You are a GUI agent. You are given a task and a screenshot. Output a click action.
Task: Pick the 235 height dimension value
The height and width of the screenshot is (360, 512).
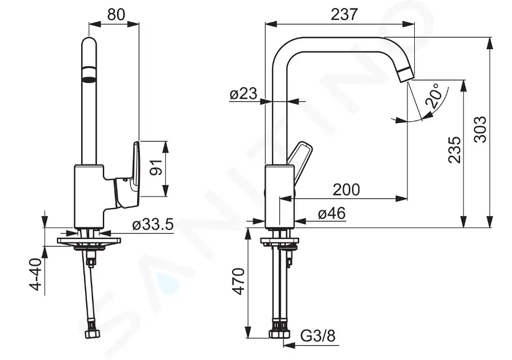coord(454,150)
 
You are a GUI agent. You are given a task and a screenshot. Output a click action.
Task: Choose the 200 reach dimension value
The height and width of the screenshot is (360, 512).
coord(347,189)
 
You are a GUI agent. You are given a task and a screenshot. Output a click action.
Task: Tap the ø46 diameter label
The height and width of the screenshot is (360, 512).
coord(332,213)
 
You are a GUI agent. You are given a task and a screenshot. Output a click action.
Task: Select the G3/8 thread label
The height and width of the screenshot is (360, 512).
coord(318,335)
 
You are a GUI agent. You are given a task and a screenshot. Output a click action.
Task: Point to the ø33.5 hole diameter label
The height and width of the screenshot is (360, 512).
coord(153,225)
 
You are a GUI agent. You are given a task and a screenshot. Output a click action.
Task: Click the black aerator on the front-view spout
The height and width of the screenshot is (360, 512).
coord(89,73)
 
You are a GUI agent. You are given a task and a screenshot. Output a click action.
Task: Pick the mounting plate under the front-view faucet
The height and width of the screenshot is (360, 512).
coord(90,241)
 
